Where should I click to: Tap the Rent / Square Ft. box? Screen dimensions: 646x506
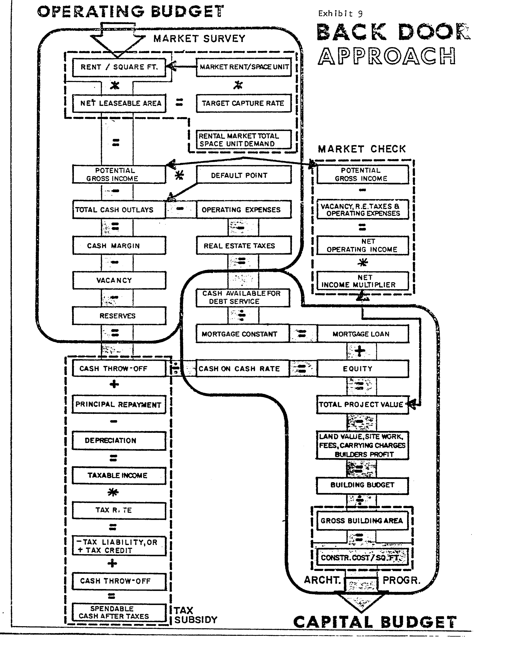click(119, 67)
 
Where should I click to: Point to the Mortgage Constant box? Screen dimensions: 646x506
click(242, 334)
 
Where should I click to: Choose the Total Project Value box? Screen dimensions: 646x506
click(363, 404)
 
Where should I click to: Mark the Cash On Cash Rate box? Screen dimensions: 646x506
click(242, 369)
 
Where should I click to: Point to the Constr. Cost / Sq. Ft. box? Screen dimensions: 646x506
click(362, 557)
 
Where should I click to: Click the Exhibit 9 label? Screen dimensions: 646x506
click(340, 14)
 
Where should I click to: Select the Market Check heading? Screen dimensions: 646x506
click(362, 149)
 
